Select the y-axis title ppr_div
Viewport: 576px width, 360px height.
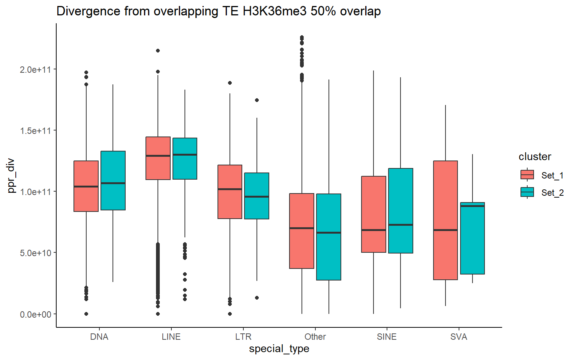[x=11, y=175]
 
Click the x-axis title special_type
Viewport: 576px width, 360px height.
[x=279, y=349]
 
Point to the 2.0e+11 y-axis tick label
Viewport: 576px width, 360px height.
[x=36, y=70]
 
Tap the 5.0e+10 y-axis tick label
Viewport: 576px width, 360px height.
[x=36, y=253]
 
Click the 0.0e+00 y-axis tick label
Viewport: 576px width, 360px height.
[x=36, y=314]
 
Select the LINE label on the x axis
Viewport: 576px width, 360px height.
[x=171, y=337]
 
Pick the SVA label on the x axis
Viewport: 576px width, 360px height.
[x=459, y=337]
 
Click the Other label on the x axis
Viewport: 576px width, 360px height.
[x=315, y=337]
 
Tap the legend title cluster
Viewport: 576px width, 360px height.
[x=535, y=157]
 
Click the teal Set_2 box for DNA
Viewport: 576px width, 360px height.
[x=113, y=199]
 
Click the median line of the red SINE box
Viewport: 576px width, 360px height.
[x=373, y=230]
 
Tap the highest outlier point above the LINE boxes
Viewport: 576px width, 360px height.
[x=158, y=51]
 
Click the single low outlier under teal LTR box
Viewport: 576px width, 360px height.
[x=257, y=298]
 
